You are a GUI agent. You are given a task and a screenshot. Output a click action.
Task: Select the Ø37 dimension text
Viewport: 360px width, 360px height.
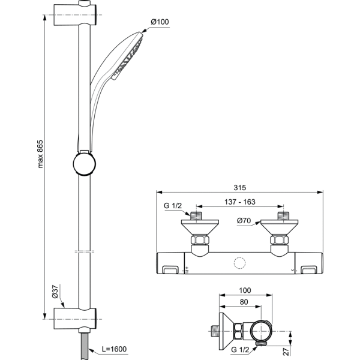click(x=55, y=292)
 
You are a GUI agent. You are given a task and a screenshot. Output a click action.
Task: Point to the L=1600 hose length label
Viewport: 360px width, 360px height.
click(x=114, y=349)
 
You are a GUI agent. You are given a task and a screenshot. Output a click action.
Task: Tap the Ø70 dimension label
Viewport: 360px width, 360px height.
click(x=244, y=221)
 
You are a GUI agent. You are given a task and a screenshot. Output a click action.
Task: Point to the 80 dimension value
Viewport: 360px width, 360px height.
click(x=243, y=303)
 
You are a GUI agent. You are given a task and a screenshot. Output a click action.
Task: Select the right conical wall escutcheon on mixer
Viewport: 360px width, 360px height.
click(x=280, y=228)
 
